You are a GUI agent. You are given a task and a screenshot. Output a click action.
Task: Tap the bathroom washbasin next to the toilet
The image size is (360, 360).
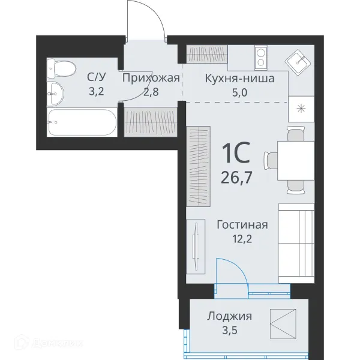[56, 92]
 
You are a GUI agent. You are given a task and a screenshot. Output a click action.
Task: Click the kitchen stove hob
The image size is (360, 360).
[262, 57]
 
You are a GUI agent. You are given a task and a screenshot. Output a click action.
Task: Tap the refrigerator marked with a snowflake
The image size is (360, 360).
[301, 109]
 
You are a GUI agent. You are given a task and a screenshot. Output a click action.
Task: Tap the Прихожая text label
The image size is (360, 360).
[151, 79]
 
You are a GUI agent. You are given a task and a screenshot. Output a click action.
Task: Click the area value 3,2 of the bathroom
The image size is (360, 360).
[96, 91]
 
